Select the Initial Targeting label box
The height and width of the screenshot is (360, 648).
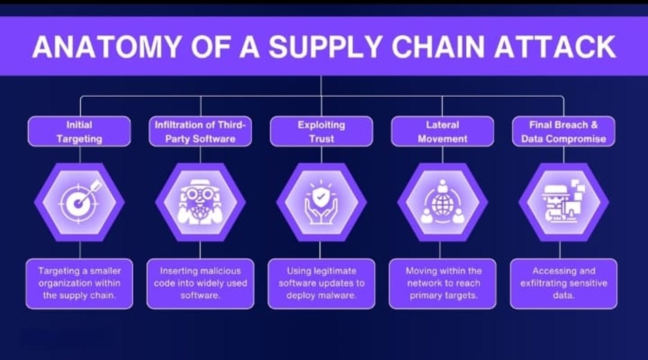(x=79, y=131)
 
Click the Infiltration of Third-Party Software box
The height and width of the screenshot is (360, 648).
(x=200, y=131)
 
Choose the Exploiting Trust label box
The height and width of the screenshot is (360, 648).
(x=322, y=131)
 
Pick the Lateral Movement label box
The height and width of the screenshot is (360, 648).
(x=443, y=131)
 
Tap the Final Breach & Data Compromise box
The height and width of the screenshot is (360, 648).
(x=563, y=131)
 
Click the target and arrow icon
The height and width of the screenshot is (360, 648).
(x=79, y=200)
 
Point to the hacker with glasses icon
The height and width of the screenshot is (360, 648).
(x=200, y=202)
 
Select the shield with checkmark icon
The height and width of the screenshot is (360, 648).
(x=321, y=202)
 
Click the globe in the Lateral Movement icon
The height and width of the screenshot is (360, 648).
(x=442, y=204)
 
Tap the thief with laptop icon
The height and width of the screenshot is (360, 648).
(x=563, y=202)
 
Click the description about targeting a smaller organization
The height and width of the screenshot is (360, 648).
(x=79, y=284)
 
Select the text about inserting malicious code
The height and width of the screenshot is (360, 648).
(x=200, y=284)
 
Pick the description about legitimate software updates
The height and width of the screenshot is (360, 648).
(x=322, y=284)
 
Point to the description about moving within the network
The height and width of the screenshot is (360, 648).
(x=443, y=284)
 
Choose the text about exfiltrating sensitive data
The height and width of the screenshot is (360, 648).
(x=563, y=284)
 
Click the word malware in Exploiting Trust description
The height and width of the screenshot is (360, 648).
(x=338, y=296)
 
